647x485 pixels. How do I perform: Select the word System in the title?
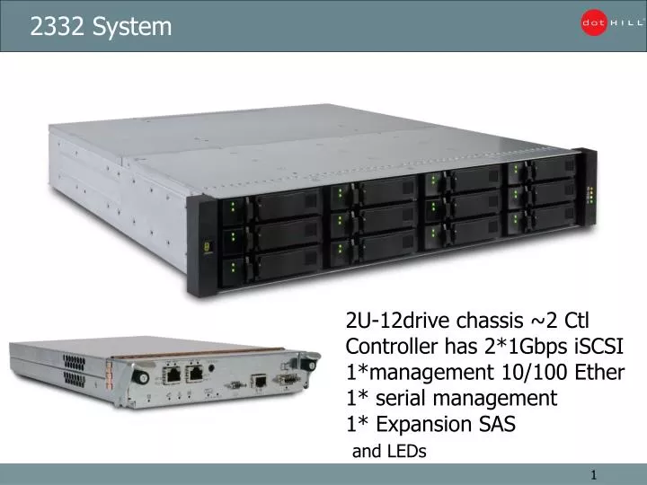click(135, 28)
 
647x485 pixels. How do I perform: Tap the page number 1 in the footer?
click(594, 474)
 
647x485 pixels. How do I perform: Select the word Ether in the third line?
click(601, 372)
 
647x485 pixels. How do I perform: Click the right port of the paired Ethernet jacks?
click(193, 373)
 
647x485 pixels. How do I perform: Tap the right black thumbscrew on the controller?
click(308, 363)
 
